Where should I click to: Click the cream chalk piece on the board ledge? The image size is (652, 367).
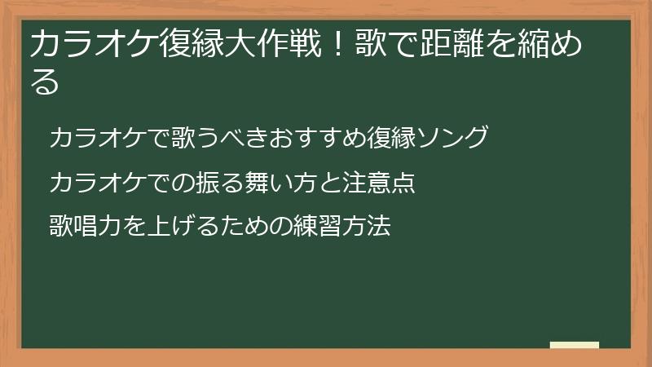(x=575, y=345)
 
